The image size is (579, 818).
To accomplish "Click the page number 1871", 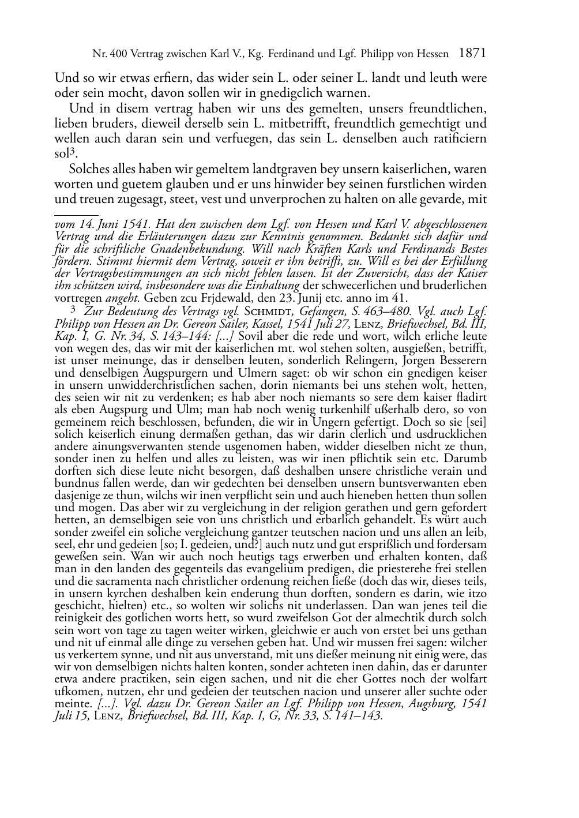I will pyautogui.click(x=472, y=54).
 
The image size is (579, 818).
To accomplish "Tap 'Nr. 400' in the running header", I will pyautogui.click(x=108, y=54).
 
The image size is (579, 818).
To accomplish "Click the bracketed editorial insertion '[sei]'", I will pyautogui.click(x=475, y=422).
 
